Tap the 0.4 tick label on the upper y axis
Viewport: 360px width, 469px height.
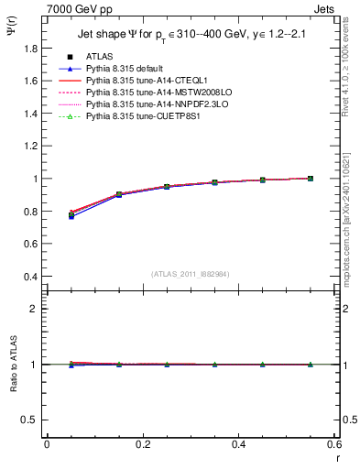pos(31,277)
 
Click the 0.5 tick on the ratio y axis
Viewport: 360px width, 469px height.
pos(31,420)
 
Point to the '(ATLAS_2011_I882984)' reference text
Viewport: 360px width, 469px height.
pos(191,274)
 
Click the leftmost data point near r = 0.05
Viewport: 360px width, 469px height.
pos(71,214)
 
